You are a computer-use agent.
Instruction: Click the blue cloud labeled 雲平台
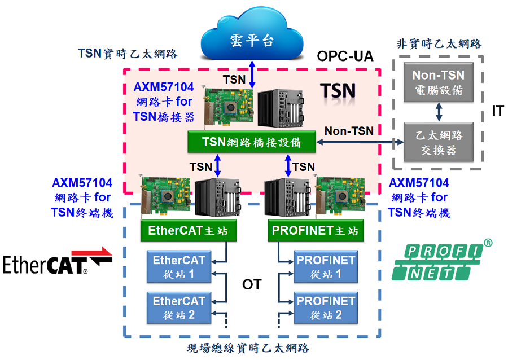point(252,38)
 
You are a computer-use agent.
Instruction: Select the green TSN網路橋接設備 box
point(252,142)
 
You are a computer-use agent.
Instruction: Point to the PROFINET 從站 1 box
point(326,267)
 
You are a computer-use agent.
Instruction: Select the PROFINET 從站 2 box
point(326,308)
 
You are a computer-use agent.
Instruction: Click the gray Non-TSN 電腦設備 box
point(438,82)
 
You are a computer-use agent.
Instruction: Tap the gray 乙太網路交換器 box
point(439,143)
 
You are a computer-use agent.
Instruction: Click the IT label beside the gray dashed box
point(497,111)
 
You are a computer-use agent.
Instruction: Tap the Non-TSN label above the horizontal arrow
point(349,131)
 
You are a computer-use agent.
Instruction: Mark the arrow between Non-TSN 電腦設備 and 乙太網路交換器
point(439,111)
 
